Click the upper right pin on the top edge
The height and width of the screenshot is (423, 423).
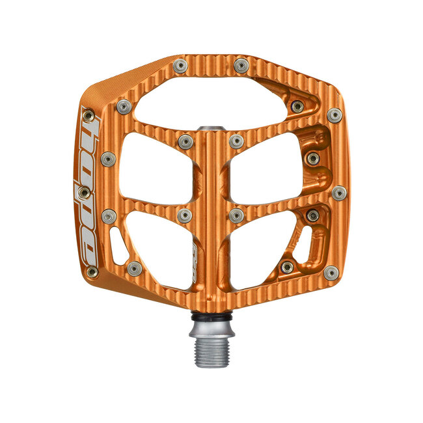[241, 65]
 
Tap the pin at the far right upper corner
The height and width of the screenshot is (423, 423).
[334, 115]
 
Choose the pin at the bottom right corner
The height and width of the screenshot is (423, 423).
[331, 273]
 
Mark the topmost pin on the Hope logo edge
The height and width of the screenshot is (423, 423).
[89, 116]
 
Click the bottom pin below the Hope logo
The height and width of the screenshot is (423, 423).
[92, 271]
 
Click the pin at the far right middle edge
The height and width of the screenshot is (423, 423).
[339, 193]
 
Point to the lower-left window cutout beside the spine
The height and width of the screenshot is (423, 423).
[159, 247]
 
